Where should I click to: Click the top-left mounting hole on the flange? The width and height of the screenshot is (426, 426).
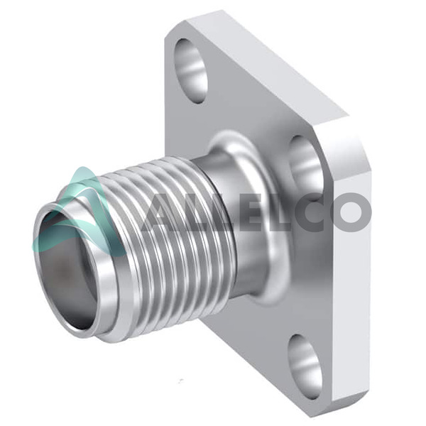pyautogui.click(x=191, y=70)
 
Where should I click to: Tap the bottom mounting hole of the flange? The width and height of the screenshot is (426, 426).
pyautogui.click(x=305, y=366)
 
